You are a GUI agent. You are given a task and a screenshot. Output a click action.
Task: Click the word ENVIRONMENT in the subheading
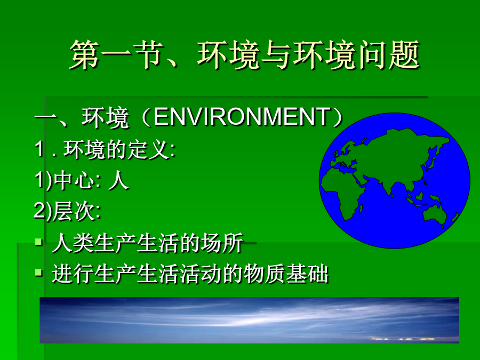[242, 117]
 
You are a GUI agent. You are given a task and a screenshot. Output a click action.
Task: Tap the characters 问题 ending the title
[388, 55]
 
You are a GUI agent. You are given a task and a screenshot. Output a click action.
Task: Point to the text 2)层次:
[67, 211]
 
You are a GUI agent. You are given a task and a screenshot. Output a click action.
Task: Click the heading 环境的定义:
[119, 149]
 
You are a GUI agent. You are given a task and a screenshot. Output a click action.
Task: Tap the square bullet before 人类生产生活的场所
[38, 242]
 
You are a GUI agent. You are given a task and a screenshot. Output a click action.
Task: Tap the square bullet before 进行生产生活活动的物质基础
[38, 272]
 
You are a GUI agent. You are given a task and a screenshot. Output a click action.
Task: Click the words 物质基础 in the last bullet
[286, 274]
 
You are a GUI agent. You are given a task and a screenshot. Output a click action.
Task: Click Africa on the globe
[343, 193]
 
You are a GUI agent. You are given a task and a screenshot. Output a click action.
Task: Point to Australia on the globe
[435, 214]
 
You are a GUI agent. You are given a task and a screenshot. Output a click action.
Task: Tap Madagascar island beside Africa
[361, 209]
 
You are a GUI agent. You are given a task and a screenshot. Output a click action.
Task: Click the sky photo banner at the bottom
[249, 320]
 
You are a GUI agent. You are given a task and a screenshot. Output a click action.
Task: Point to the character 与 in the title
[276, 55]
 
